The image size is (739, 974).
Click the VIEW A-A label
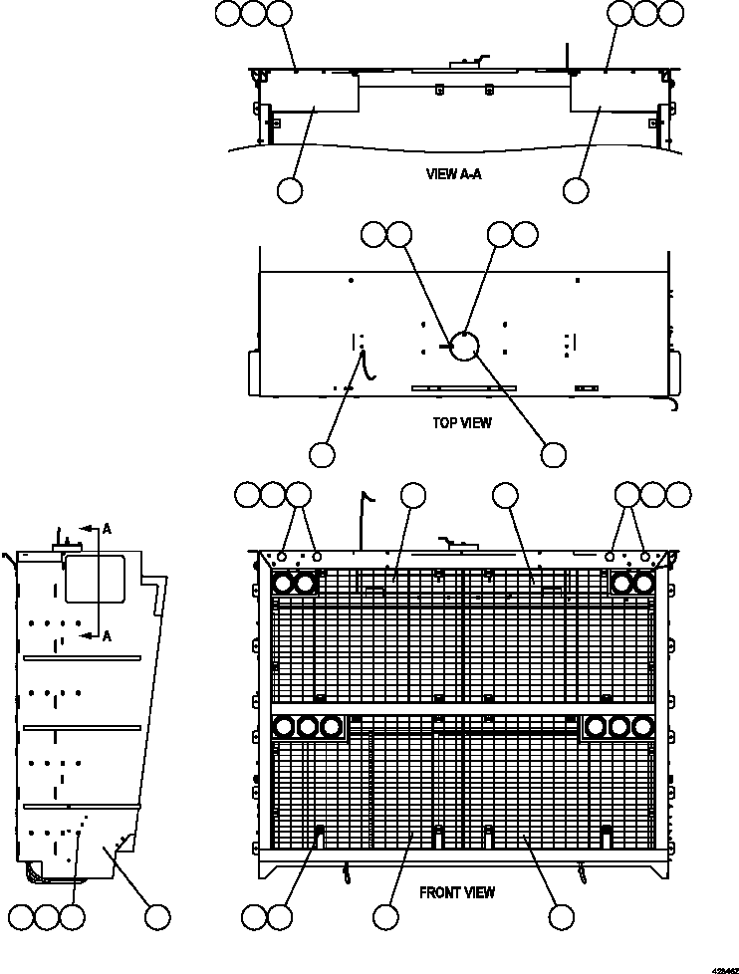click(454, 173)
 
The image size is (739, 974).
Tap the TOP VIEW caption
click(461, 423)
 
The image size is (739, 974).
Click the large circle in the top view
click(463, 345)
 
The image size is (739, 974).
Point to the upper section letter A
click(106, 530)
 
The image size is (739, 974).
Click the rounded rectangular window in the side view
click(95, 579)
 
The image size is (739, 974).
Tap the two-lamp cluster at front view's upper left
click(294, 585)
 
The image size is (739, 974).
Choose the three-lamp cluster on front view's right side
click(618, 726)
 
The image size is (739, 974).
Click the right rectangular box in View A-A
click(609, 97)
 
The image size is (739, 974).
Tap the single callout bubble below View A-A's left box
click(290, 190)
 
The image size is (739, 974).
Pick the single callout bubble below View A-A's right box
click(575, 190)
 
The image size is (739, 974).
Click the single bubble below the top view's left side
click(322, 454)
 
